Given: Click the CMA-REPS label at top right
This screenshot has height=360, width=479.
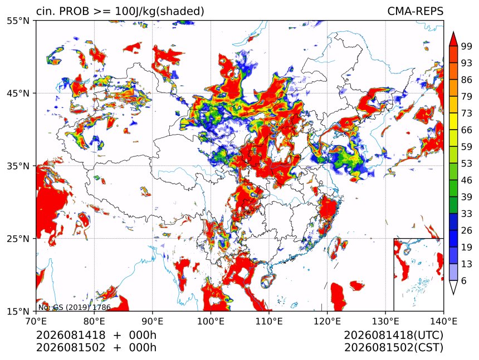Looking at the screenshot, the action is pos(415,11).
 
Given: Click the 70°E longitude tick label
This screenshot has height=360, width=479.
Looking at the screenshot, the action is pos(36,322).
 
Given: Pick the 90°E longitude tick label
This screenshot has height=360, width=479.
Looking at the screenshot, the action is pos(153,322).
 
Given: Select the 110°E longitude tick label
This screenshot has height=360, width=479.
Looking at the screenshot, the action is pos(269,322).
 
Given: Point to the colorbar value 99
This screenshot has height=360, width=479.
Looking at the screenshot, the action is pos(467,46).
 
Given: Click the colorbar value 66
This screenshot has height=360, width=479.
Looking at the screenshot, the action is pos(467,130).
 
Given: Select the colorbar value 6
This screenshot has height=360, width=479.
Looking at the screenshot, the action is pos(464,280).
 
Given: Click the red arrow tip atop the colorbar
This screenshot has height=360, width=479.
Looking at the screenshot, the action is pos(453,32).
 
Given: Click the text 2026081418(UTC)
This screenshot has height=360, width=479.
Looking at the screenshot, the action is pos(393,336).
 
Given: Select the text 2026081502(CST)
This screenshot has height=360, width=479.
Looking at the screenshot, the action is pos(393,348).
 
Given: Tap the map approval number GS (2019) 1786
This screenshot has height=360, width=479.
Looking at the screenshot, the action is pos(82,307).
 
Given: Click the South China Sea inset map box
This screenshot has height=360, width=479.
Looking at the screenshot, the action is pos(418,274).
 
